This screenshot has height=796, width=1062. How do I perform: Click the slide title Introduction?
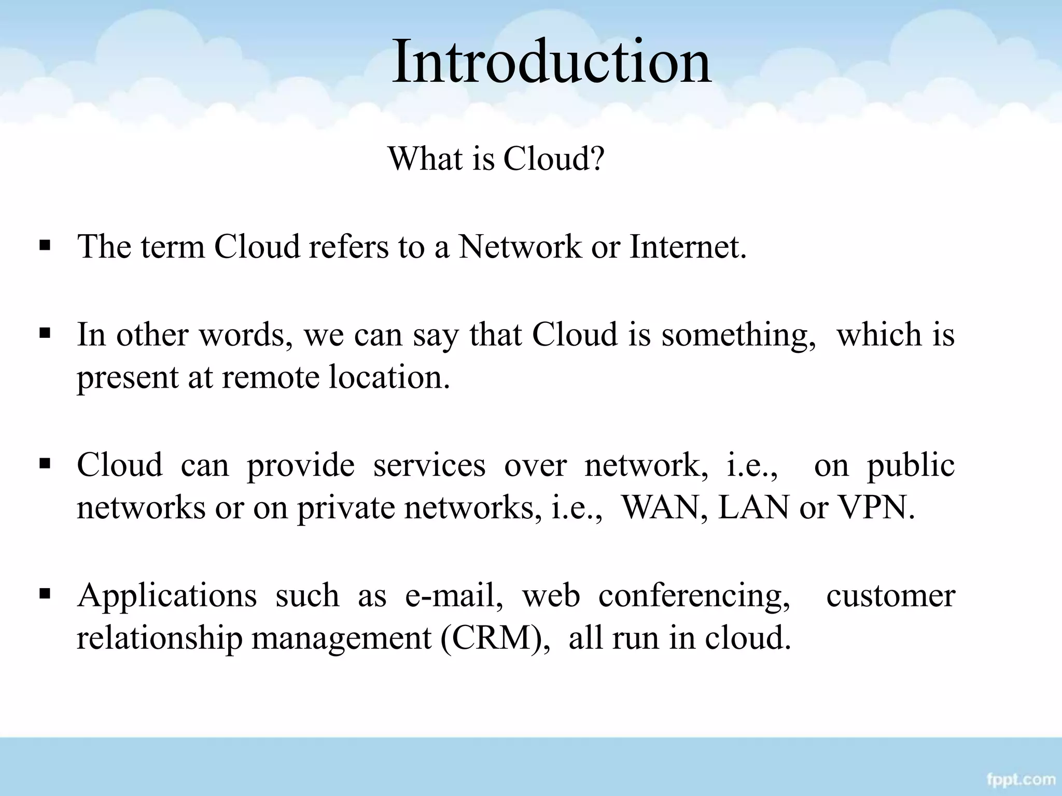tap(551, 62)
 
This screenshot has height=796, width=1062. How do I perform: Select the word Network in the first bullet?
tap(520, 247)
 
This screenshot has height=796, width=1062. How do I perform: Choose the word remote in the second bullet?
tap(270, 377)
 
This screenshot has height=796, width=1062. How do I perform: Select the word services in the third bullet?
tap(429, 465)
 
